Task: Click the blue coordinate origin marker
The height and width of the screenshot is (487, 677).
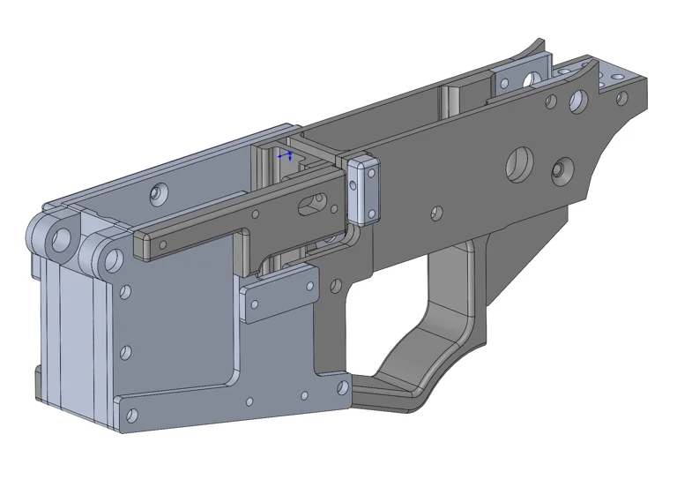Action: pos(284,155)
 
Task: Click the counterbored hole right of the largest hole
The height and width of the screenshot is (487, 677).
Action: pos(559,169)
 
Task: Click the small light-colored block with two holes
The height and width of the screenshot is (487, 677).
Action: pos(363,191)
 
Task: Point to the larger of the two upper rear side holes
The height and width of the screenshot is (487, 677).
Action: pos(577,100)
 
